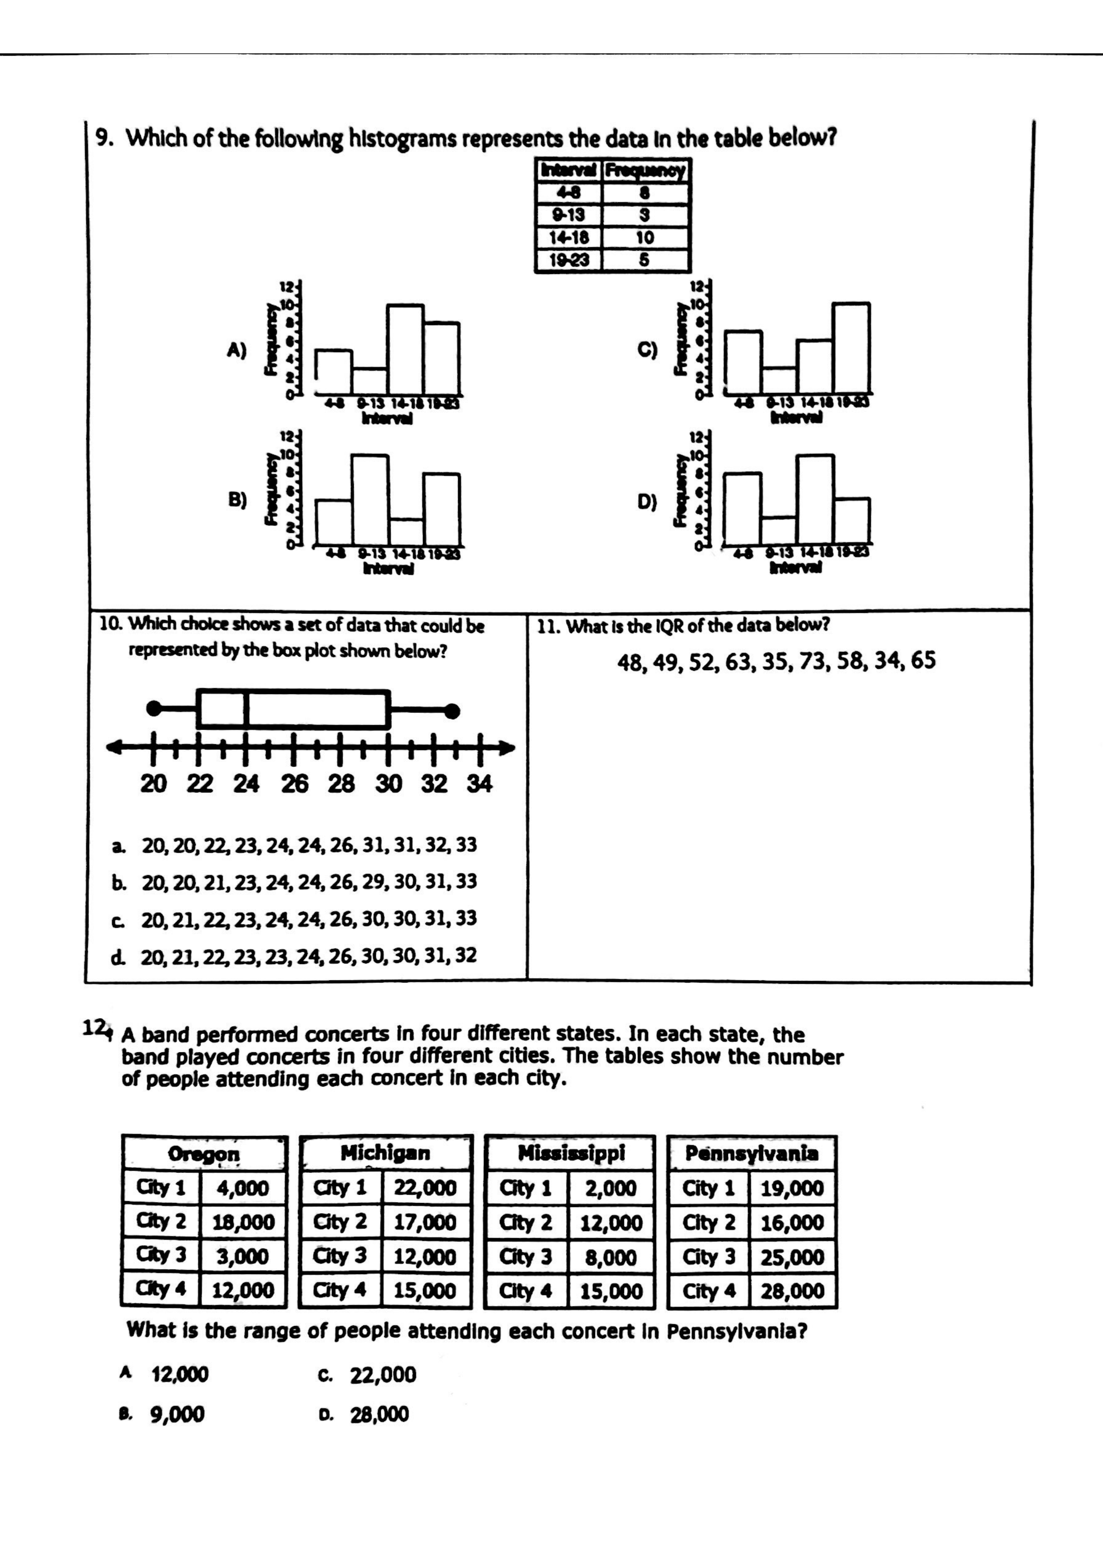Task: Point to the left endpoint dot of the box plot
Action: pos(154,709)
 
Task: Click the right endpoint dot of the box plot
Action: pos(452,711)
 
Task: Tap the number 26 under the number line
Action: pos(294,783)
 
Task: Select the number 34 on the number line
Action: pos(479,783)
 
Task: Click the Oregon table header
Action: pos(204,1154)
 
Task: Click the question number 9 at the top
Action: pos(102,139)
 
